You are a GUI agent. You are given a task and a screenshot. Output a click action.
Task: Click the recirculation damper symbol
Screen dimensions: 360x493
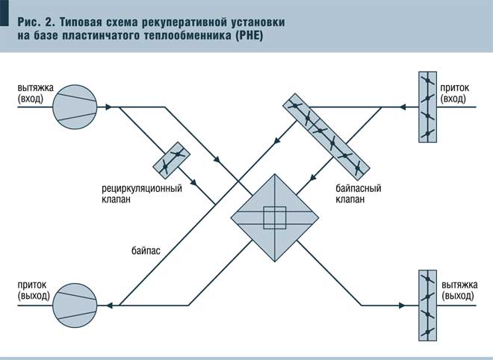(171, 158)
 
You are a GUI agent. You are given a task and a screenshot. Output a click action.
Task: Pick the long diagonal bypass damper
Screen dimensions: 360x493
(323, 133)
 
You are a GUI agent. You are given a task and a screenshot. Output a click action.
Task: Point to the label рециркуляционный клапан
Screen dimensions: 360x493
(142, 193)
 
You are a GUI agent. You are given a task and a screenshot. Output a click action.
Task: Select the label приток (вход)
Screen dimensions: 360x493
(453, 93)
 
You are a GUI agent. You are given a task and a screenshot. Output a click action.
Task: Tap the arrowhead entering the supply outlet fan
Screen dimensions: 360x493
(110, 304)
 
